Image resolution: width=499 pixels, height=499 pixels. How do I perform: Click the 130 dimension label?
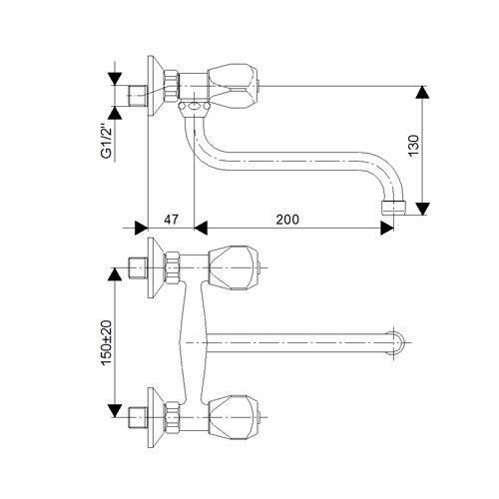413,146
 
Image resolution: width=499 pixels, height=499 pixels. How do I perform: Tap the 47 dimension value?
172,220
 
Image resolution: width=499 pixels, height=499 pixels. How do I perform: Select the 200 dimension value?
287,220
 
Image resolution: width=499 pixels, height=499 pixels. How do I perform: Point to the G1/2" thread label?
107,142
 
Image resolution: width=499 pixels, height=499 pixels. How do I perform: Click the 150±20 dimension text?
107,343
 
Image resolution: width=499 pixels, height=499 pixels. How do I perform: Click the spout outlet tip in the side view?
393,208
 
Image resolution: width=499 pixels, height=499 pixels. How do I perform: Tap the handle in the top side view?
233,86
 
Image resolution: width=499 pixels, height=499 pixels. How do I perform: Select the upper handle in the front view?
234,267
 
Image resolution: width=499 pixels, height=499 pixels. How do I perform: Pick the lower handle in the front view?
234,417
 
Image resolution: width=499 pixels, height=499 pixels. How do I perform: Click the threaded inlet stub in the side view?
138,96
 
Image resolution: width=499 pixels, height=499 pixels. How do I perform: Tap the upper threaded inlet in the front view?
138,267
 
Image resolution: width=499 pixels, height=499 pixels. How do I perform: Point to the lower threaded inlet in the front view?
138,417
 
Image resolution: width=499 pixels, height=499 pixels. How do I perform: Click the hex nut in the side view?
172,86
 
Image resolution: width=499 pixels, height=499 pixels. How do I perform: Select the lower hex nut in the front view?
173,417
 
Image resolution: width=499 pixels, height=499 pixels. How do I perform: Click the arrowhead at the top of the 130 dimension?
422,92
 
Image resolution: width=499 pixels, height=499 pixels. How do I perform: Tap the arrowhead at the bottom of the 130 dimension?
422,209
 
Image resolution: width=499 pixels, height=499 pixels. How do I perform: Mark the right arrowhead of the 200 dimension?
387,229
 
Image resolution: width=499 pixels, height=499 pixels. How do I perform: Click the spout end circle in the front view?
396,342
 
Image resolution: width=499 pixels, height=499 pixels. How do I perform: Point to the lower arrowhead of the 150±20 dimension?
115,411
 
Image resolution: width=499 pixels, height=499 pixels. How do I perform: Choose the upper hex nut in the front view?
173,267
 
